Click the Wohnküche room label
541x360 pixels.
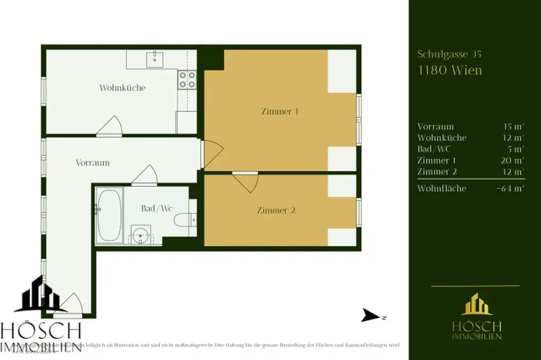tap(122, 88)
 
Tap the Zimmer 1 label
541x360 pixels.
tap(280, 111)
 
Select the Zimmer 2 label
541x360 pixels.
tap(276, 210)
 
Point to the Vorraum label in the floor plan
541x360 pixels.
tap(92, 163)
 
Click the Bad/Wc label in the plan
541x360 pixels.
tap(157, 209)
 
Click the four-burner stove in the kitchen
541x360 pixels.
tap(187, 80)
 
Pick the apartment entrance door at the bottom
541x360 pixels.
tap(69, 305)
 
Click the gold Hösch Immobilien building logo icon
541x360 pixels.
tap(476, 305)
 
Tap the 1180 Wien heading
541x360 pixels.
tap(450, 70)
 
